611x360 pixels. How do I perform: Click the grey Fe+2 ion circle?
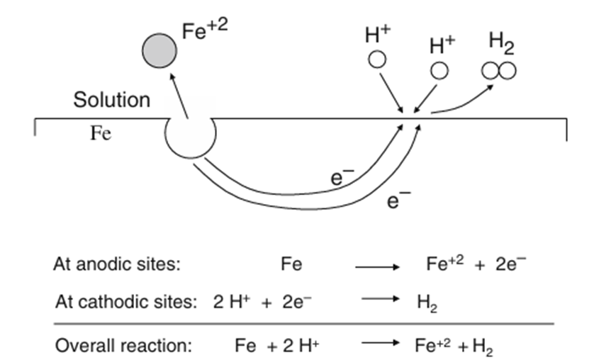coord(159,51)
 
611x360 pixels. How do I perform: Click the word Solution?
coord(112,100)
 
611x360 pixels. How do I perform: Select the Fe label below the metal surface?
coord(101,134)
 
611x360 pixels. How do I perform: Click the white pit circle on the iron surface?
coord(190,135)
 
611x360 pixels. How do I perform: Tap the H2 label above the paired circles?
coord(501,43)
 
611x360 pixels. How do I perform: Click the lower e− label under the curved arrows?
coord(395,201)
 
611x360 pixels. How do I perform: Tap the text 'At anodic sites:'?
coord(118,265)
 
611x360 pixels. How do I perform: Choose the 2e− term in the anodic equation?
coord(510,264)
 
